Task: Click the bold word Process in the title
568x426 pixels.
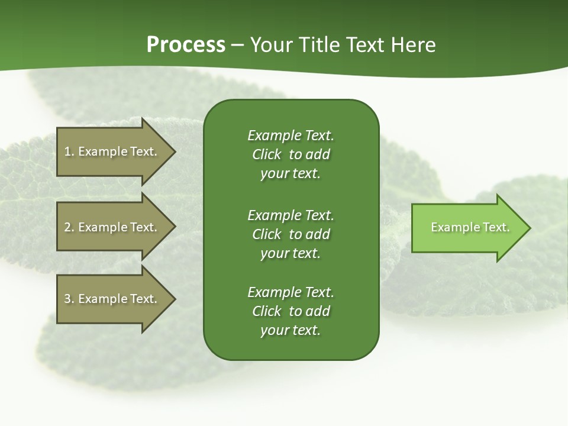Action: pos(186,45)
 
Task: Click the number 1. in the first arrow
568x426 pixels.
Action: pos(69,151)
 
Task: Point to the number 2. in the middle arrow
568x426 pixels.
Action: pos(69,227)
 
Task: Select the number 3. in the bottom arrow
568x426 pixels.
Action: pos(69,299)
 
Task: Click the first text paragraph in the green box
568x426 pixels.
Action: pos(291,154)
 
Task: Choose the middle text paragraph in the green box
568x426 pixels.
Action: pos(291,234)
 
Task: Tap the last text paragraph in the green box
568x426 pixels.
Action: pos(291,311)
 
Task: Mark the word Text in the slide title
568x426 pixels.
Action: pos(365,45)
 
